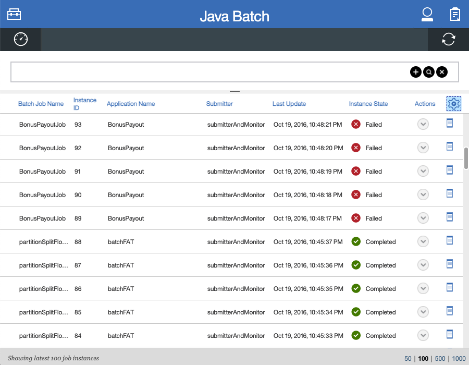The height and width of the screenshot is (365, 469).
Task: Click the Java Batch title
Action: coord(234,16)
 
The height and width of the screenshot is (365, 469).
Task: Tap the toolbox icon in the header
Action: coord(14,14)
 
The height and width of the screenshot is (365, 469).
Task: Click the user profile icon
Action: coord(427,14)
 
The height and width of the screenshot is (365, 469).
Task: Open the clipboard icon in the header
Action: coord(455,14)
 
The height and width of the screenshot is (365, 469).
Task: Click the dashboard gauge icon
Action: coord(20,39)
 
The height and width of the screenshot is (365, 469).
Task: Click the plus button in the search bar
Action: coord(415,72)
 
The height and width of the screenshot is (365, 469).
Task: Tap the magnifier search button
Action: coord(428,72)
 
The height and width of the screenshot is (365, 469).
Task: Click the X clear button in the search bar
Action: coord(442,72)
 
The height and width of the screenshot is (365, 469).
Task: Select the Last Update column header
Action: coord(289,104)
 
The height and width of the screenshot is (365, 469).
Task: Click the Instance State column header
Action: coord(368,104)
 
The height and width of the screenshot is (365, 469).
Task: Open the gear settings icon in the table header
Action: coord(453,104)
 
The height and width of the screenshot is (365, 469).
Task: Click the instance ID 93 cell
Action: coord(78,125)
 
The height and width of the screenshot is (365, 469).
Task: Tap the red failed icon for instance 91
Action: coord(356,172)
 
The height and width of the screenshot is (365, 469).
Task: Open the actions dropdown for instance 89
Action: coord(423,218)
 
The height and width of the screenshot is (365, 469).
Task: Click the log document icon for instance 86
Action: coord(450,287)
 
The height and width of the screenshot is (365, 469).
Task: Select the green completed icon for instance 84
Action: coord(356,336)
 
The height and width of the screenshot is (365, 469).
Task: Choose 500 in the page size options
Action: coord(440,358)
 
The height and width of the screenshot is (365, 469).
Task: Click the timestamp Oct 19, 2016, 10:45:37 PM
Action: coord(308,242)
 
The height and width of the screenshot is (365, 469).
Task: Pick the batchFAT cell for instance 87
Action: coord(120,265)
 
